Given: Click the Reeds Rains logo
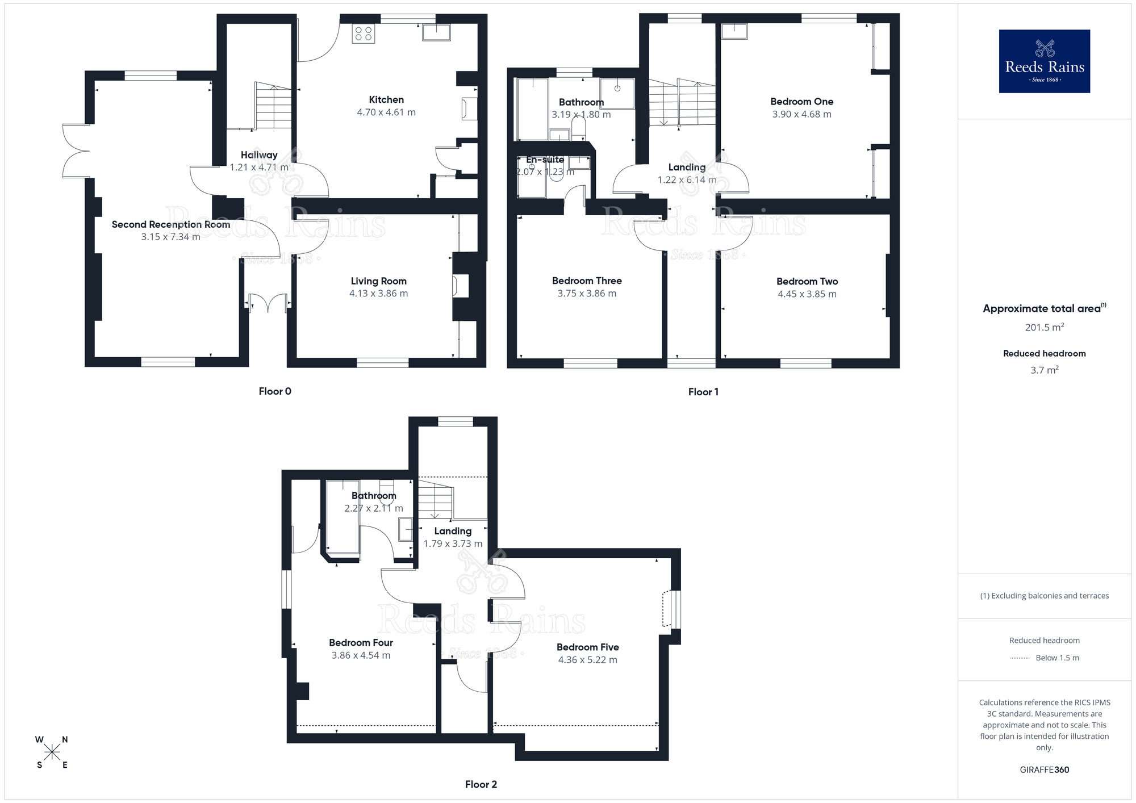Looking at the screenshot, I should click(x=1044, y=61).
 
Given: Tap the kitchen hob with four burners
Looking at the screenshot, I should click(x=363, y=34).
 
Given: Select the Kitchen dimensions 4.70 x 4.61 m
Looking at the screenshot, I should click(x=386, y=112).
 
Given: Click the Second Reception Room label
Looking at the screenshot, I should click(x=170, y=224).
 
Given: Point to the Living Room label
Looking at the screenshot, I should click(x=378, y=281).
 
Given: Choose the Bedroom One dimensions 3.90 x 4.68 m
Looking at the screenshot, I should click(x=801, y=114).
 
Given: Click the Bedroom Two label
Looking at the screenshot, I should click(x=807, y=281).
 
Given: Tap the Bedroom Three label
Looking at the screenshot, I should click(x=587, y=281).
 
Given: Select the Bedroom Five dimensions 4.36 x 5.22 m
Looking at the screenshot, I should click(x=587, y=660).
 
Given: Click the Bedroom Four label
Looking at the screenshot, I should click(x=361, y=642).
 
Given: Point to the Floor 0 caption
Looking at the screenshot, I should click(x=275, y=391).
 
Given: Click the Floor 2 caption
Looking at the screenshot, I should click(x=481, y=784).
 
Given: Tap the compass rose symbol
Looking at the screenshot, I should click(x=52, y=752).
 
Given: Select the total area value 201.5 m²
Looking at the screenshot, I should click(x=1044, y=327).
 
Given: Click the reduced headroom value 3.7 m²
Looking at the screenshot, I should click(x=1044, y=370).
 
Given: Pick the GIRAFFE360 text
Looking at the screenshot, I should click(x=1044, y=770).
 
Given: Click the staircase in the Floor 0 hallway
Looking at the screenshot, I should click(x=273, y=106).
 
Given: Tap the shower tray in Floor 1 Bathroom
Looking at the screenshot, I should click(x=617, y=94).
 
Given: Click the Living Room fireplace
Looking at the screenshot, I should click(x=460, y=286).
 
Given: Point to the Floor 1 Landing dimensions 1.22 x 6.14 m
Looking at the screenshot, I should click(x=687, y=180).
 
